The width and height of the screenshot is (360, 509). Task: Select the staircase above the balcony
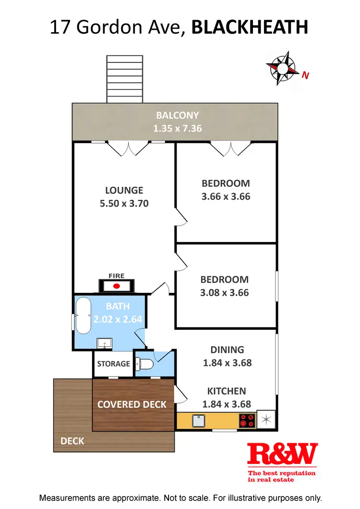(125, 79)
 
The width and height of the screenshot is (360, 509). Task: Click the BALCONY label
(177, 115)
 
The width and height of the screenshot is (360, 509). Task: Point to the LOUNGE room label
(124, 190)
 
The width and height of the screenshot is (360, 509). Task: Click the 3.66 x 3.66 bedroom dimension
(226, 196)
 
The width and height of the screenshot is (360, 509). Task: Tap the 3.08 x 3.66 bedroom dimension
(225, 292)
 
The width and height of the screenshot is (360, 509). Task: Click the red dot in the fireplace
(116, 286)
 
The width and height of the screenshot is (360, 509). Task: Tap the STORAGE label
(113, 364)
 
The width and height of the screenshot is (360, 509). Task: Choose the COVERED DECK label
(132, 404)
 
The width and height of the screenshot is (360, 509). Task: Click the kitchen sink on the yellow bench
(199, 421)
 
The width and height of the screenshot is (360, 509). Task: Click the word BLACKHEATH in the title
(250, 27)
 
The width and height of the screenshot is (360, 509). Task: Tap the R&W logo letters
(282, 454)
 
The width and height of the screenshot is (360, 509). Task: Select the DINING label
(227, 350)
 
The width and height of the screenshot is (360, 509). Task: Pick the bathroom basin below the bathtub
(105, 343)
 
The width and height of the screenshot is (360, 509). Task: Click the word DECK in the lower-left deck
(72, 441)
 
